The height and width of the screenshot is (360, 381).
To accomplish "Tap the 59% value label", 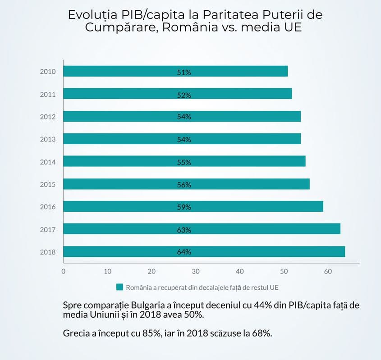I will [x=184, y=207].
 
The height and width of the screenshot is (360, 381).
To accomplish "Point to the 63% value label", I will [x=184, y=230].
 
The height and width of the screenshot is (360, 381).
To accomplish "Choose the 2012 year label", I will [x=47, y=117].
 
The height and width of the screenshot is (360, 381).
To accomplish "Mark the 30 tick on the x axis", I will [x=196, y=271].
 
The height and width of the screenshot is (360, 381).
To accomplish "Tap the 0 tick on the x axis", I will [x=63, y=271].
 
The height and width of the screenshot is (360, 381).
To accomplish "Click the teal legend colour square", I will [x=119, y=287].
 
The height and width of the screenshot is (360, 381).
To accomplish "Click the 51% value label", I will [x=184, y=72].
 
